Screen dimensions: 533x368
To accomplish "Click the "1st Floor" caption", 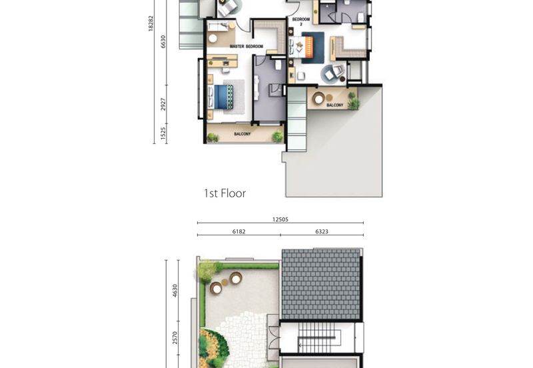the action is click(x=225, y=193).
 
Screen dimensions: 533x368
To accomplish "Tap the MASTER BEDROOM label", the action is click(x=247, y=46).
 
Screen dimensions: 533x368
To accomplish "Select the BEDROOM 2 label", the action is click(x=301, y=22).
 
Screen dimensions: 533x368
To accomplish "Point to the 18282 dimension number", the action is click(x=151, y=23).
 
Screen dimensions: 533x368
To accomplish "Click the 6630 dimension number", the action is click(x=163, y=41).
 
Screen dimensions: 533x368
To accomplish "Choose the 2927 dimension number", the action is click(x=163, y=104).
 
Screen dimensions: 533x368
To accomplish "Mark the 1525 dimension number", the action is click(x=163, y=133).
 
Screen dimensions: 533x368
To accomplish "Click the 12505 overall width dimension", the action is click(x=280, y=220).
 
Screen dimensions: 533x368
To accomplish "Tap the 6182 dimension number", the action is click(x=239, y=231).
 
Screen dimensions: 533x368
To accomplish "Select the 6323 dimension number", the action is click(x=322, y=231).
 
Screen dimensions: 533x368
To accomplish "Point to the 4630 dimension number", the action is click(x=175, y=291).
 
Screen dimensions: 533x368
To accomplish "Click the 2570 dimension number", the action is click(x=175, y=338).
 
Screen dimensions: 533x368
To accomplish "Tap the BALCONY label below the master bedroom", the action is click(x=243, y=134).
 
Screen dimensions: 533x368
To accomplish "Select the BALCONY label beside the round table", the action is click(x=335, y=105).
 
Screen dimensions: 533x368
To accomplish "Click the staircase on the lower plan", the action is click(x=319, y=338).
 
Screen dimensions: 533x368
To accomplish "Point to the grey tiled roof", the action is click(x=321, y=284).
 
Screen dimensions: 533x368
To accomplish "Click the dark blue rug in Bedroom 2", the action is click(x=313, y=47).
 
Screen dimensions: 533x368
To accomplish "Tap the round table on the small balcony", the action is click(x=318, y=99).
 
